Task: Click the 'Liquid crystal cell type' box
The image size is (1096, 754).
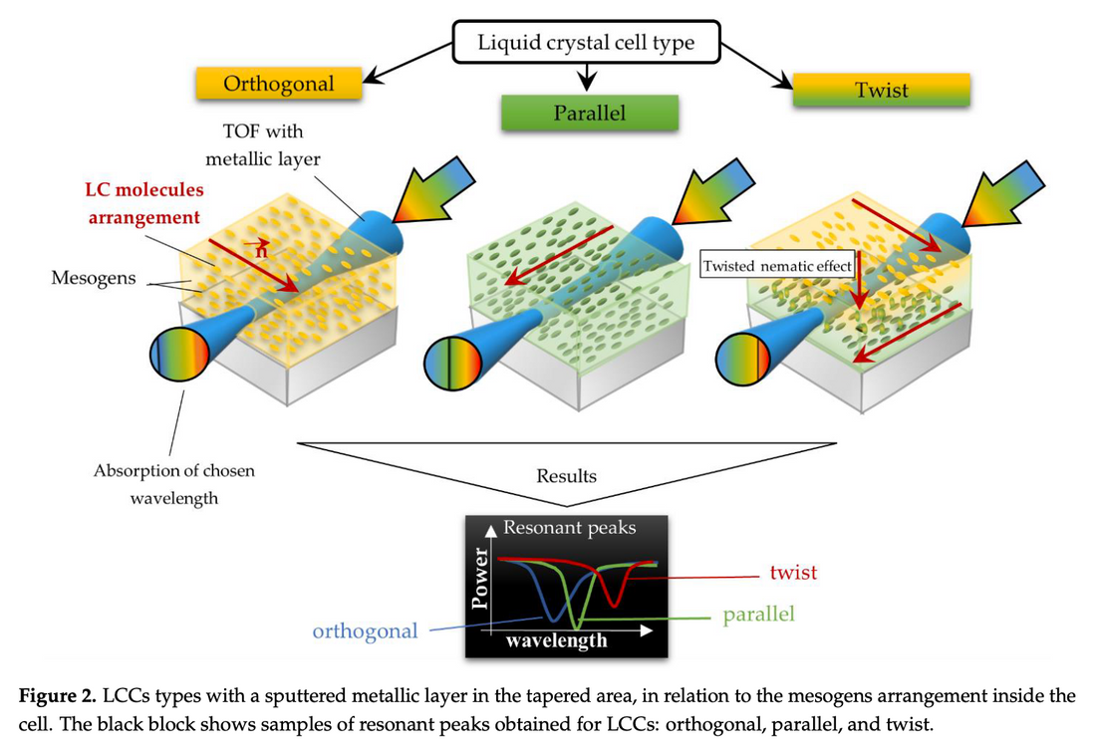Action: (x=585, y=43)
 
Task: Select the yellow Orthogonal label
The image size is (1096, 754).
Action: (x=278, y=84)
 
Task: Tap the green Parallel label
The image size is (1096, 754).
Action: (x=590, y=113)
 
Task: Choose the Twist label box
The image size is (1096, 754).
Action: (x=882, y=91)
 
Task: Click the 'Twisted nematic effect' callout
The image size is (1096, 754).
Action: (x=778, y=266)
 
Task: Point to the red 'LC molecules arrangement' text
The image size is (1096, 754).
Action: (x=143, y=203)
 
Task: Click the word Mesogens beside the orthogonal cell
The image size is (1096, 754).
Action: (x=93, y=277)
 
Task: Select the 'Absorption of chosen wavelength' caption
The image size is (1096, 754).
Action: (x=173, y=483)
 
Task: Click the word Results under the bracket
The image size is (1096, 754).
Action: (x=566, y=476)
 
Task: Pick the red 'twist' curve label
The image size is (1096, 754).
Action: (x=793, y=573)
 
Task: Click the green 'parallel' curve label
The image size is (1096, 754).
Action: (x=759, y=615)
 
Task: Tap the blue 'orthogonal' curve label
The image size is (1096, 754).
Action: (x=365, y=631)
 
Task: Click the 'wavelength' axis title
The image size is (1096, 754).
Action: (x=556, y=639)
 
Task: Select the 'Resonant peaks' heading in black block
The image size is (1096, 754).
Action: (x=569, y=528)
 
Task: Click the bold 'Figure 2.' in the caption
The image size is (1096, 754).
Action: (x=61, y=696)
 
